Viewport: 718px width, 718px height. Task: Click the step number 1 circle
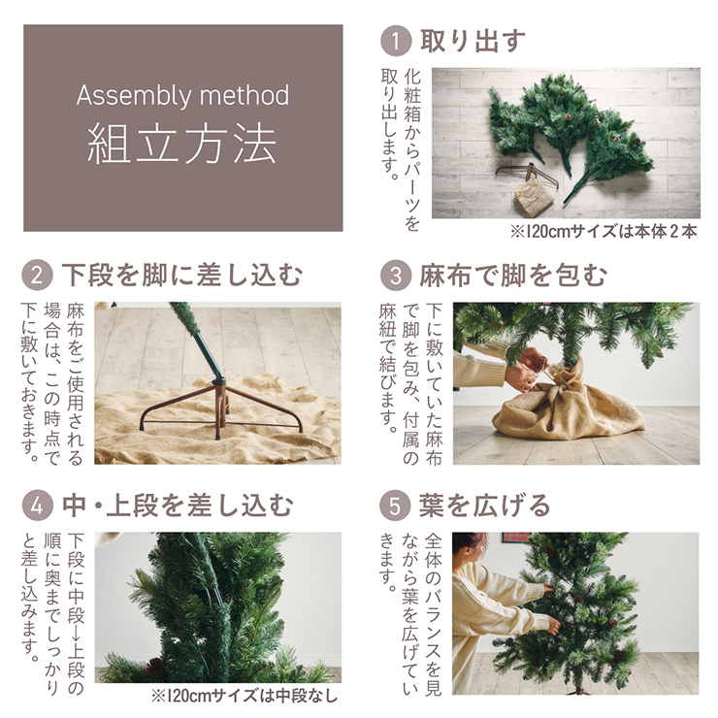(396, 41)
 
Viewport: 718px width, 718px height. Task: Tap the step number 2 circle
(37, 275)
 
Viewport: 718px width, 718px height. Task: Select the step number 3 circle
(396, 276)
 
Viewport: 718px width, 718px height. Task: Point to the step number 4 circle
(37, 506)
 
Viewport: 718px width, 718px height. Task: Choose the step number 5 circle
(395, 506)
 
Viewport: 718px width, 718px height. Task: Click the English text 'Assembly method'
(182, 95)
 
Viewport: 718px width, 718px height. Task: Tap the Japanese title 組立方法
(182, 145)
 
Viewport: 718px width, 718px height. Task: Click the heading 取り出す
(473, 41)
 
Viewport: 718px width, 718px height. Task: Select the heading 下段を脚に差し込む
(182, 275)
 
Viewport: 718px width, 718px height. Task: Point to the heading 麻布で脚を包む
(513, 276)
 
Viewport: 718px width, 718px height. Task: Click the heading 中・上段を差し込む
(178, 506)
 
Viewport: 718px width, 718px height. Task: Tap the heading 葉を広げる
(485, 506)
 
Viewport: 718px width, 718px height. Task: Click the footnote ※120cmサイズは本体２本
(604, 231)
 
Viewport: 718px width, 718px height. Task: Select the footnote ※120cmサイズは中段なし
(245, 696)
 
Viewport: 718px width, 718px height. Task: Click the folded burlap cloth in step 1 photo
(534, 197)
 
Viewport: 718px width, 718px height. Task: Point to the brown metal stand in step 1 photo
(529, 175)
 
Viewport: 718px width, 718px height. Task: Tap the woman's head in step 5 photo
(469, 548)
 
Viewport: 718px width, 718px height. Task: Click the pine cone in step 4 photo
(155, 667)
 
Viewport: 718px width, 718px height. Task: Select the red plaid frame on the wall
(517, 538)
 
